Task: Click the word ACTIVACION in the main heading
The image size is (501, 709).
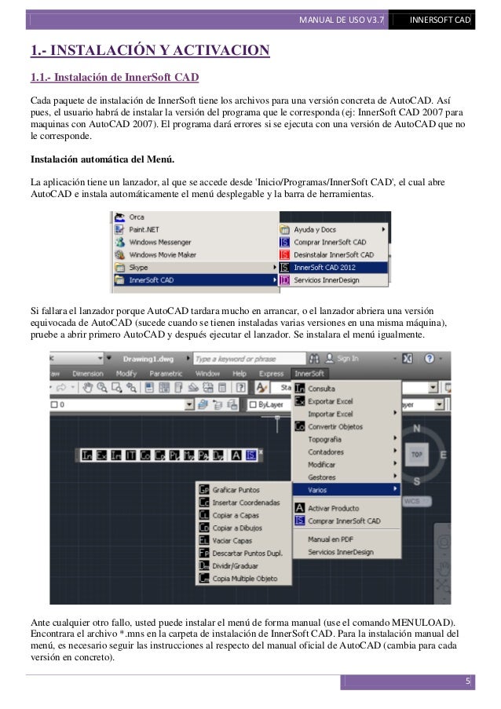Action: click(x=221, y=52)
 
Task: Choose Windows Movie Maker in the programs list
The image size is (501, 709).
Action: click(x=163, y=254)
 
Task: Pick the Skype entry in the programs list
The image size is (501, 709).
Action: click(x=138, y=267)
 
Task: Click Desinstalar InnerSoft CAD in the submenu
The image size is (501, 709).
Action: click(x=333, y=254)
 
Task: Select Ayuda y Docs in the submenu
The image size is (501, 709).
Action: click(x=315, y=229)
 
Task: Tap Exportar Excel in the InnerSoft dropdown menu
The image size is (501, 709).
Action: click(x=330, y=400)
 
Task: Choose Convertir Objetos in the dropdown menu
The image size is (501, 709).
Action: click(x=335, y=426)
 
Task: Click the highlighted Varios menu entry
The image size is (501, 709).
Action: click(x=317, y=489)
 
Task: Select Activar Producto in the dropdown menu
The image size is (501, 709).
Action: click(x=333, y=509)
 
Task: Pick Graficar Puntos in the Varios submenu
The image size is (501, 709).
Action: click(x=236, y=489)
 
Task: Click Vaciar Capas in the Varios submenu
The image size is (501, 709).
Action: click(x=233, y=540)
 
